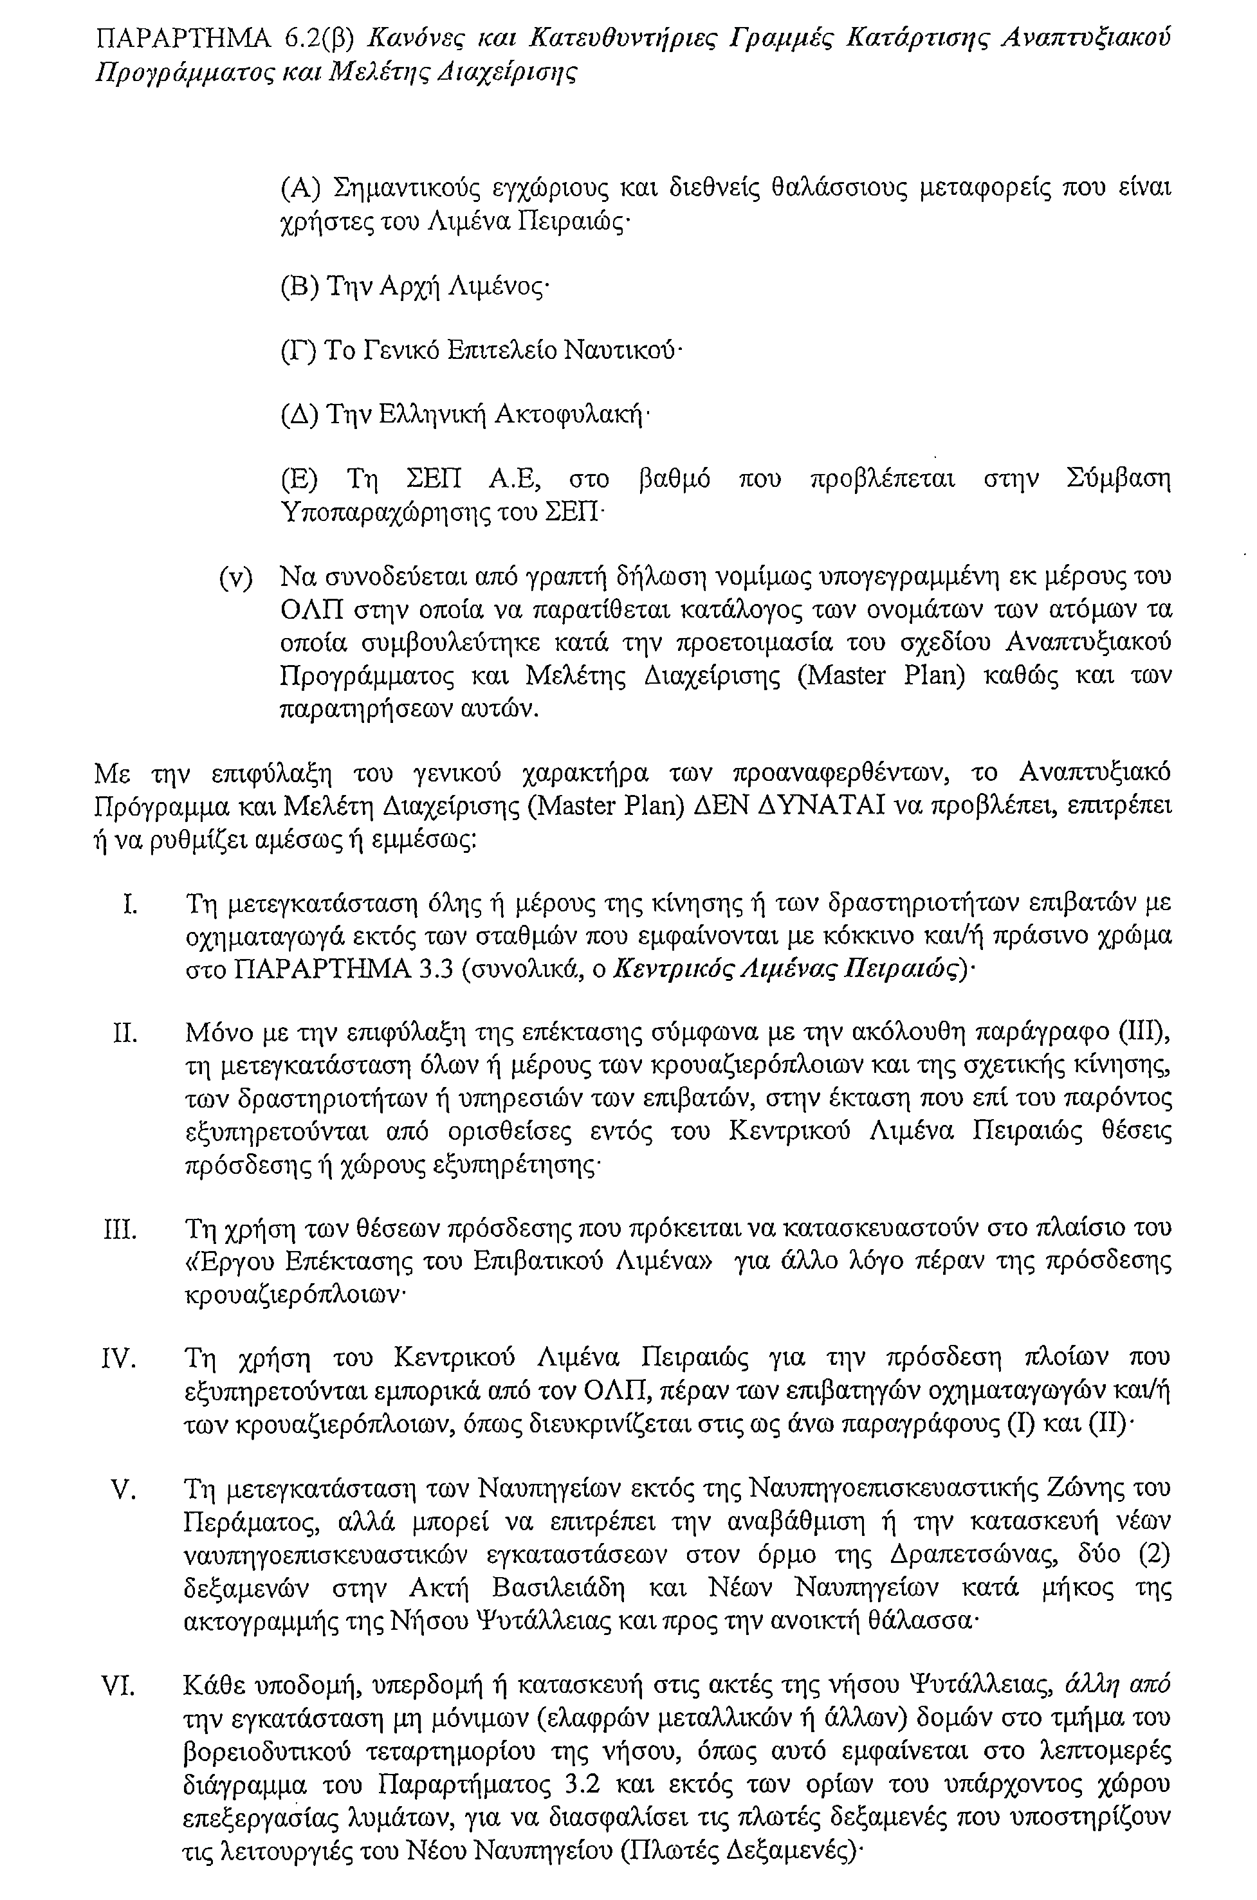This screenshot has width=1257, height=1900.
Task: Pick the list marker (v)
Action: (235, 577)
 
